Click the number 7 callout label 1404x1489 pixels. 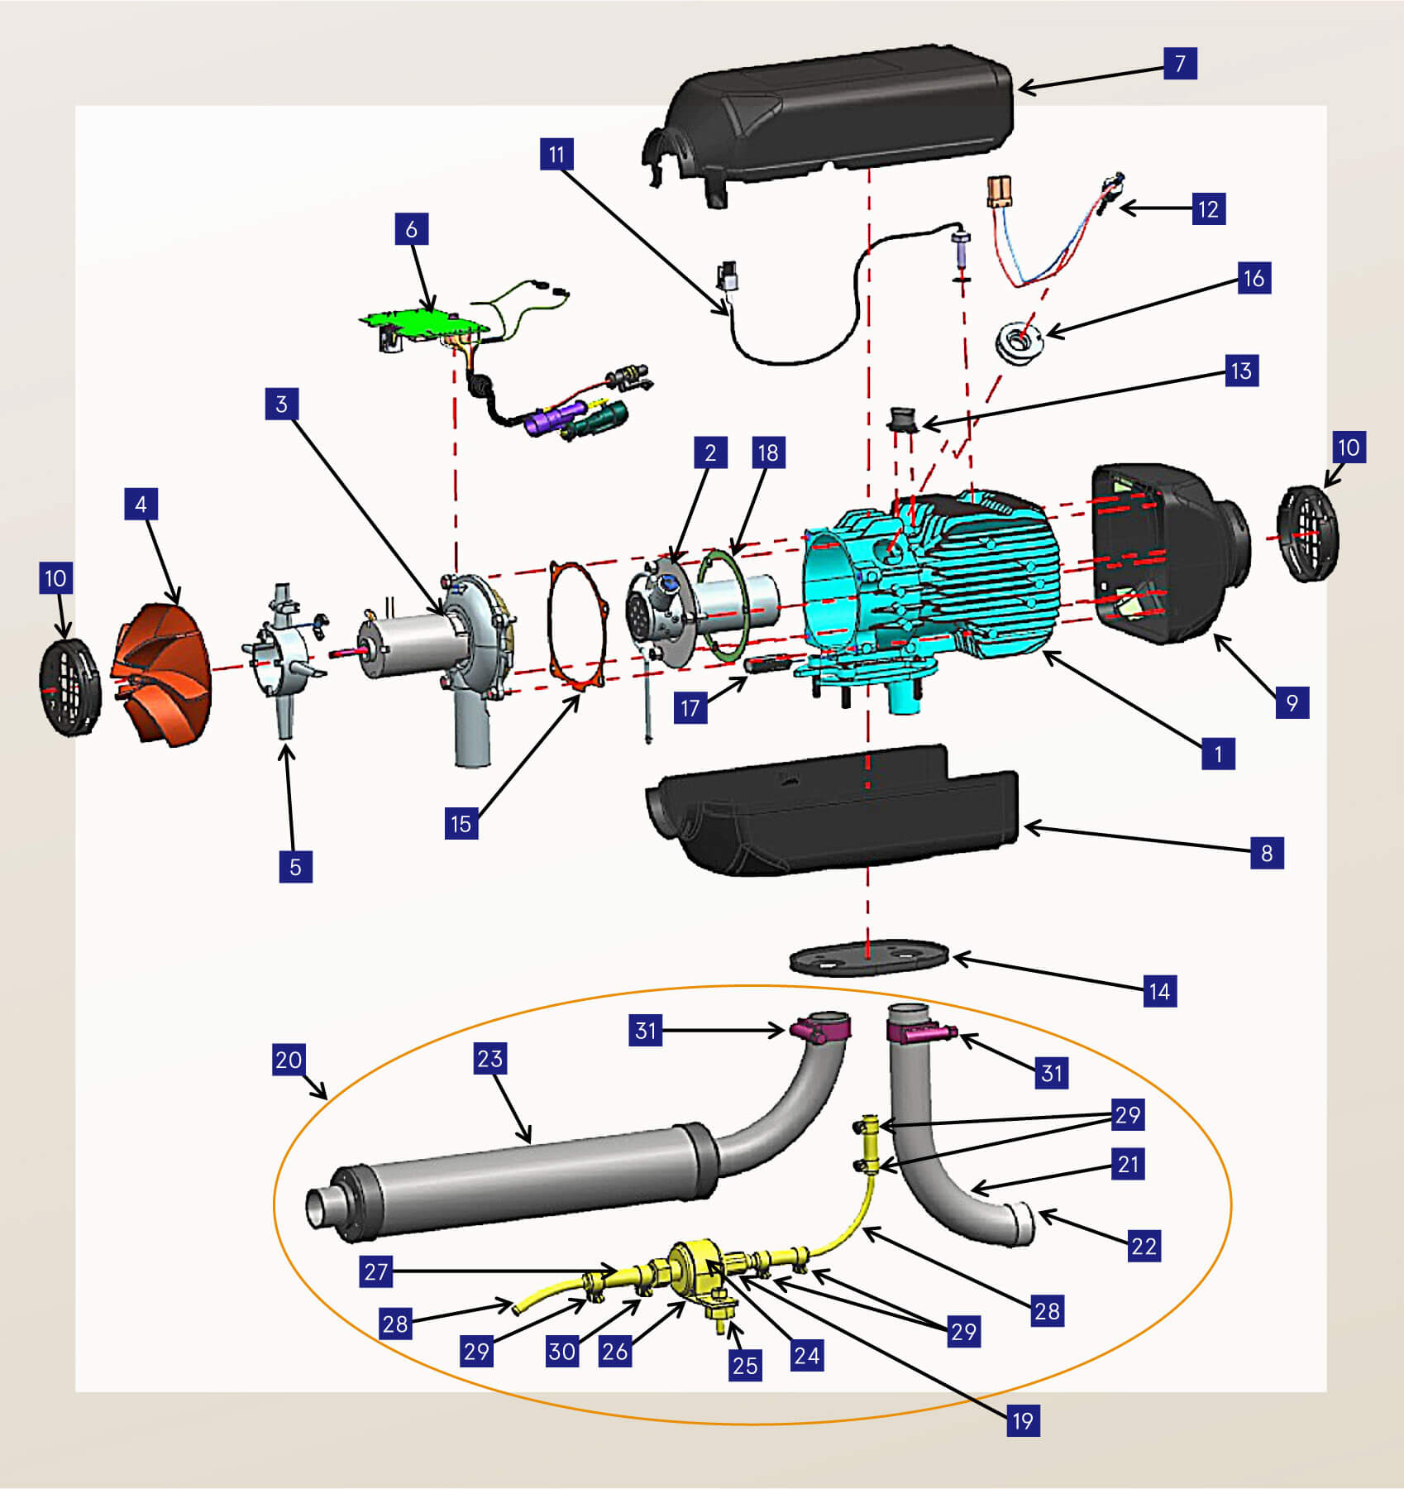point(1180,63)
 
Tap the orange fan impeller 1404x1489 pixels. point(161,673)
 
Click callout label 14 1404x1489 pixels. point(1159,991)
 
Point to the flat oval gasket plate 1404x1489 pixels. point(867,958)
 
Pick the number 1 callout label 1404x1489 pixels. point(1218,754)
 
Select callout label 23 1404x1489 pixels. point(489,1058)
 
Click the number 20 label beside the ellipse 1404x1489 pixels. point(289,1059)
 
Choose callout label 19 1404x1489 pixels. point(1023,1420)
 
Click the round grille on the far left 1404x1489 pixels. point(69,687)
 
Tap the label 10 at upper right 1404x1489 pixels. point(1349,448)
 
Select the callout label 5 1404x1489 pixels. point(295,867)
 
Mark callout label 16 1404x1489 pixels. point(1254,278)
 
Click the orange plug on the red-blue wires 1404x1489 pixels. point(1000,191)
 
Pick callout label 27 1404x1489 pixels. point(376,1271)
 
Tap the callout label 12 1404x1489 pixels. point(1208,209)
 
